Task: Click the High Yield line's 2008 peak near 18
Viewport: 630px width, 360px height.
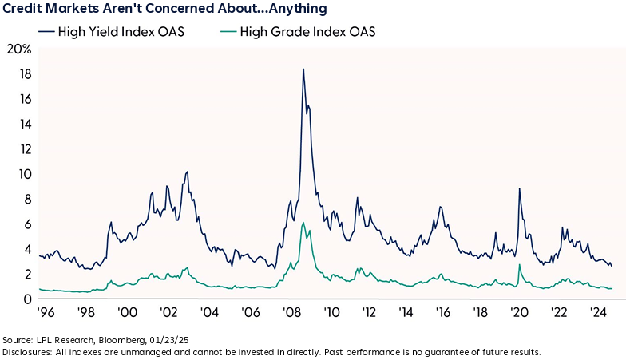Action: click(x=303, y=69)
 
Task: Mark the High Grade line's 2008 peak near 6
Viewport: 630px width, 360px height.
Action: click(x=303, y=223)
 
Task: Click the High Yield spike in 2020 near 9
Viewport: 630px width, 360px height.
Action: click(x=520, y=188)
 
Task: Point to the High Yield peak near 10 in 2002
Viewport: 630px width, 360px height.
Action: click(x=187, y=172)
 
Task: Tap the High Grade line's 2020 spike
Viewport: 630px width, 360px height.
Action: click(x=520, y=264)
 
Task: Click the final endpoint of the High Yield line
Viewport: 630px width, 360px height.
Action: click(x=612, y=266)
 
